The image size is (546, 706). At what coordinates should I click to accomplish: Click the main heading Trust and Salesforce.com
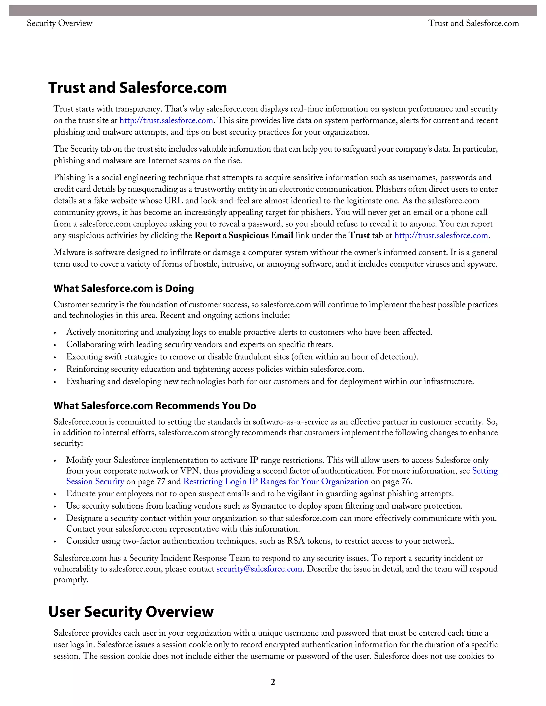138,88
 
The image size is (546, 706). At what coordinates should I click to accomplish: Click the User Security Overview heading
131,612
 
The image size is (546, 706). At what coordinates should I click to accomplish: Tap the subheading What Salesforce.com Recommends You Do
155,406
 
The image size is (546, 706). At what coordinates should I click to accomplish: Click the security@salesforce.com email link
259,569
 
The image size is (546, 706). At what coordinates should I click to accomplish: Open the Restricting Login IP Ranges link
276,482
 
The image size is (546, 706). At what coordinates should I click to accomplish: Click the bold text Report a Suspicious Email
244,236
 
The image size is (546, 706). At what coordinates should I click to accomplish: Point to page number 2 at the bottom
273,682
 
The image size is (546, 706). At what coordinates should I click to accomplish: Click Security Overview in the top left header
59,23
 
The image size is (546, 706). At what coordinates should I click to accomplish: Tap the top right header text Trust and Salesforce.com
473,23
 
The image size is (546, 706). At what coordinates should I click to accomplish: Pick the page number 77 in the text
161,482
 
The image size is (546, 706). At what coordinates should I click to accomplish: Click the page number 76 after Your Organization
406,482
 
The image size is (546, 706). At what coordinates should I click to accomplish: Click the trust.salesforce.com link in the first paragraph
166,121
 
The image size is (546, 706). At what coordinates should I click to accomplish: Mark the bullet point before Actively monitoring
55,333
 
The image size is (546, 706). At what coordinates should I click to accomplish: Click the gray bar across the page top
273,11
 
